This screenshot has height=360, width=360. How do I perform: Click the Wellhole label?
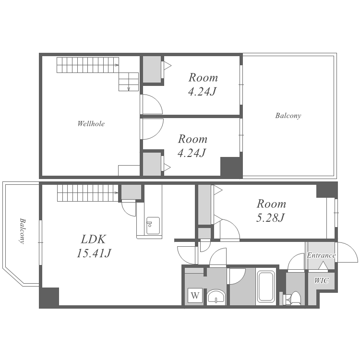(x=91, y=124)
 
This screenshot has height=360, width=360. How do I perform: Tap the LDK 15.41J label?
(x=94, y=246)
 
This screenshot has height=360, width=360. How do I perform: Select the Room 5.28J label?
(x=271, y=211)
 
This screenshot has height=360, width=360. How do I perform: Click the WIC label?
(x=322, y=280)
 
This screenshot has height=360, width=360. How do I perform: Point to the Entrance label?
(x=321, y=255)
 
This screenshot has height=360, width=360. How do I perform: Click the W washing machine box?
(x=195, y=295)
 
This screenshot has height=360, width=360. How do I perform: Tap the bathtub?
(x=266, y=287)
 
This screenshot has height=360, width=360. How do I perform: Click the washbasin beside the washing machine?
(x=216, y=297)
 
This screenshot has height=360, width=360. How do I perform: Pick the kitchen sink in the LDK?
(x=153, y=226)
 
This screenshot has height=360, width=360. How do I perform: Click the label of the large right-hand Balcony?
(x=288, y=116)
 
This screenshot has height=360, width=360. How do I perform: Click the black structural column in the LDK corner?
(x=49, y=298)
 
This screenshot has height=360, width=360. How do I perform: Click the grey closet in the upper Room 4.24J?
(x=152, y=69)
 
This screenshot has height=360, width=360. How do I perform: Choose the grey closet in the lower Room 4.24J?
(x=152, y=164)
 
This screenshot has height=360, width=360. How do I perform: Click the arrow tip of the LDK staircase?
(x=118, y=192)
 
